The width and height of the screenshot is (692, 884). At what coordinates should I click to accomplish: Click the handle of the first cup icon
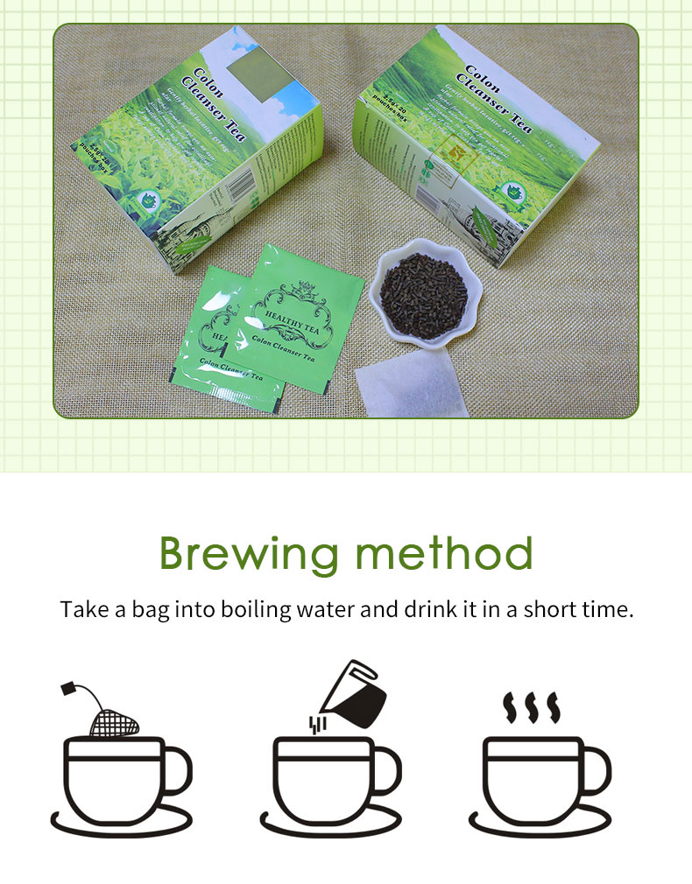[x=178, y=770]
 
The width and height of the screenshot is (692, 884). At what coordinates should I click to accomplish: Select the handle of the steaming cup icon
[x=597, y=770]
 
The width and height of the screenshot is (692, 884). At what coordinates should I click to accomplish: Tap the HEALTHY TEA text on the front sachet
[x=290, y=310]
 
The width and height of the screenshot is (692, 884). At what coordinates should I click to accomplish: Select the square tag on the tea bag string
[x=67, y=690]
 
